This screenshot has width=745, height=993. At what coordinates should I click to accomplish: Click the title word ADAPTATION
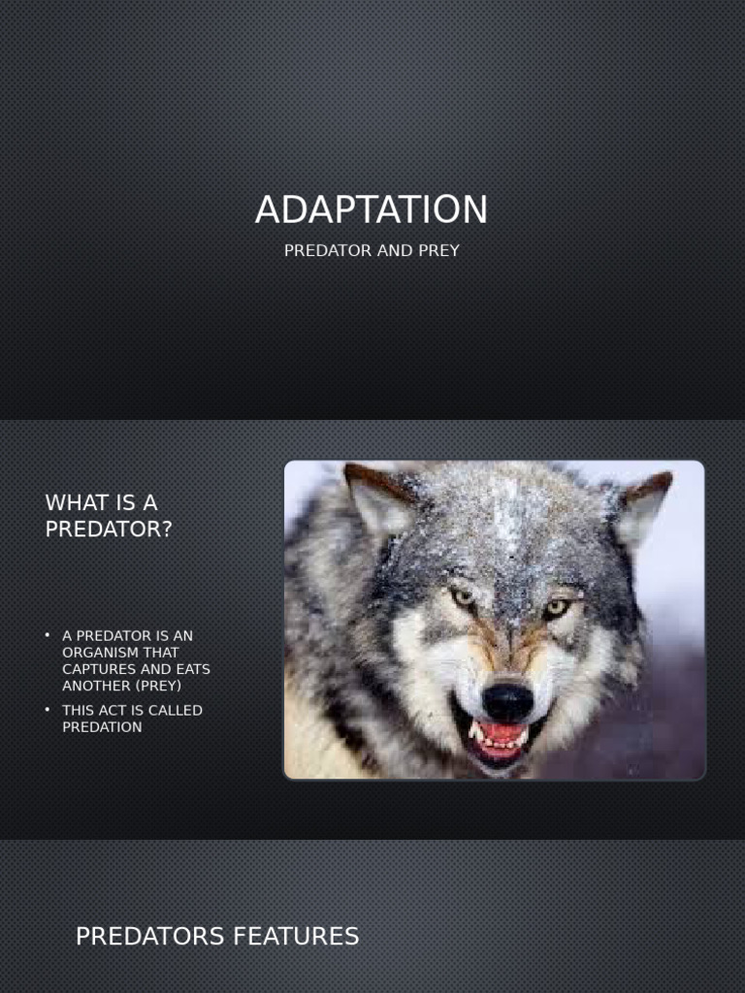[372, 210]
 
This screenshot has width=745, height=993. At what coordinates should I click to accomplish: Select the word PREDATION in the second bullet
[102, 726]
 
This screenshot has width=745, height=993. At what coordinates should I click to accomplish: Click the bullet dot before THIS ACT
[48, 710]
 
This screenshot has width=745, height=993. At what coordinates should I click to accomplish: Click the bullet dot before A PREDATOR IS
[48, 635]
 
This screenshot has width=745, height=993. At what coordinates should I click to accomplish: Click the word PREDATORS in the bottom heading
[150, 937]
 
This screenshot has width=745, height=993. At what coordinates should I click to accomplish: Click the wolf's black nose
[507, 700]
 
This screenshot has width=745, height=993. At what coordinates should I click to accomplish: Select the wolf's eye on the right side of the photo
[556, 607]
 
